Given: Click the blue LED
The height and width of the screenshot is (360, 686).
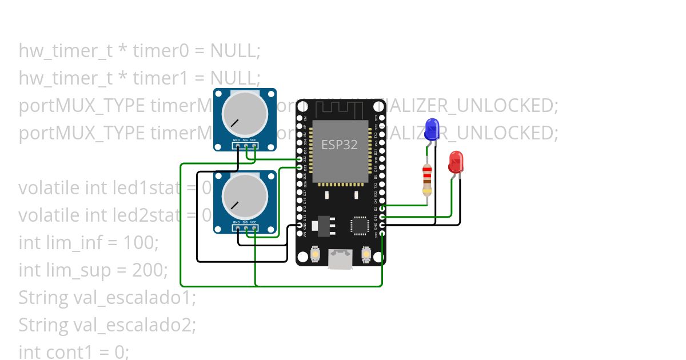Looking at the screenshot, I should (432, 129).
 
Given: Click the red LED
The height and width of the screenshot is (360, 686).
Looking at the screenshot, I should (456, 162).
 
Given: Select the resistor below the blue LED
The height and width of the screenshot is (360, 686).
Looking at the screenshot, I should (427, 179).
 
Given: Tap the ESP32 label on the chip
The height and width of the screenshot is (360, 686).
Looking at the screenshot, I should (339, 145).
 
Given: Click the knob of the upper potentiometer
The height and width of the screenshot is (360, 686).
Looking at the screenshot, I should (245, 113).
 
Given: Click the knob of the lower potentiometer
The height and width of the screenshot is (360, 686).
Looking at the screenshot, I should (245, 196).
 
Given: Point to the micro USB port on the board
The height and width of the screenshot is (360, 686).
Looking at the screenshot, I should (341, 259).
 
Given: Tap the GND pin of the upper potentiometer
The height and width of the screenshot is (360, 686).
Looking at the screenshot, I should (237, 146).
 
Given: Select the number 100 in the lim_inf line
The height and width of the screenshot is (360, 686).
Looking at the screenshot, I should (139, 242).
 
